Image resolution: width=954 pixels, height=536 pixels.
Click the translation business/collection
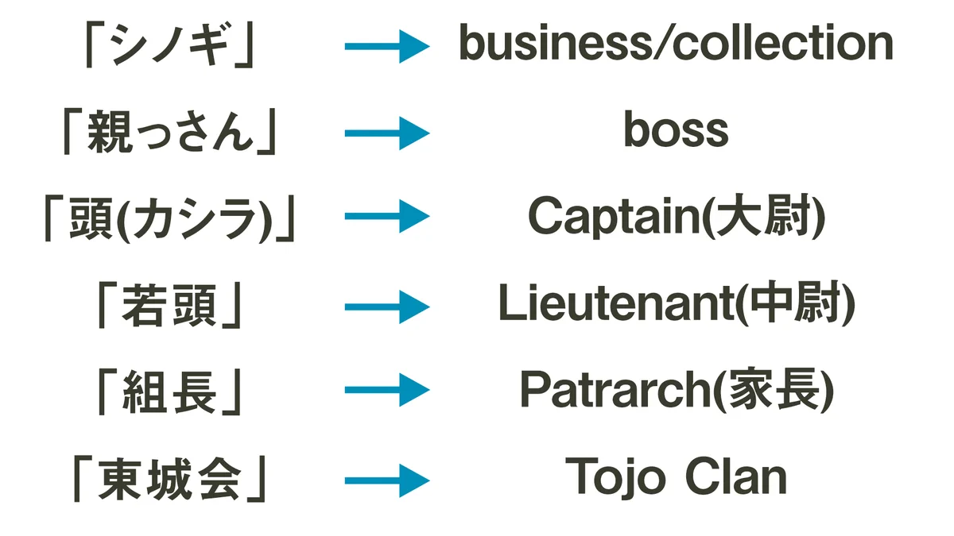click(x=676, y=44)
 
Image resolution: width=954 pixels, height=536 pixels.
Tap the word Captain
click(x=612, y=217)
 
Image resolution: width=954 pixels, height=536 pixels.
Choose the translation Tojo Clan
click(x=676, y=476)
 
